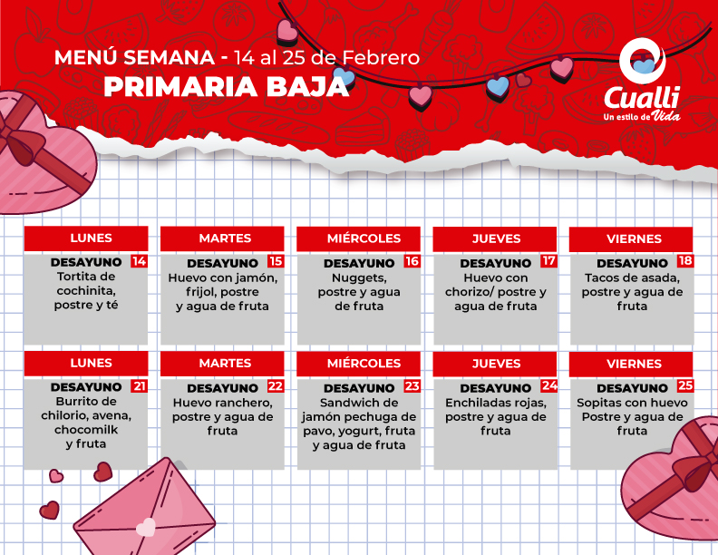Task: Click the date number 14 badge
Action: click(x=139, y=261)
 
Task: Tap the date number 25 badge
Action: click(x=685, y=385)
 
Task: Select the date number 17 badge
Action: click(x=548, y=261)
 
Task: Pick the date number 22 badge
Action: click(x=276, y=386)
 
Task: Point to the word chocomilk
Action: click(x=86, y=430)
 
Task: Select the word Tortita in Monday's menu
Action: click(x=73, y=276)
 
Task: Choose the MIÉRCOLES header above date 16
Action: click(x=364, y=239)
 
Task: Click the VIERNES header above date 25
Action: click(x=634, y=364)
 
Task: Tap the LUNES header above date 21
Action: click(x=91, y=363)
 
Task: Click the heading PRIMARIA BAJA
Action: click(x=227, y=86)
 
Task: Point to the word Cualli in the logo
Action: click(x=641, y=97)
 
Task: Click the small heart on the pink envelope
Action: click(x=146, y=527)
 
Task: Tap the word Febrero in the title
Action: click(x=381, y=58)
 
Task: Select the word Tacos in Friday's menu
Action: click(x=600, y=277)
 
